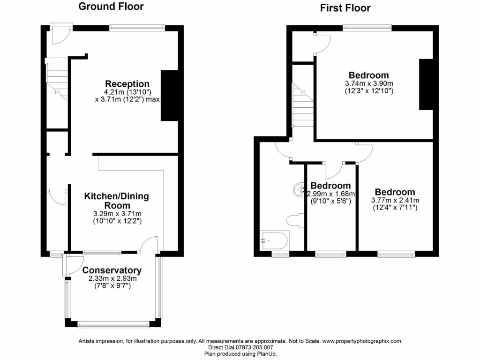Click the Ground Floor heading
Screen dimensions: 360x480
[111, 7]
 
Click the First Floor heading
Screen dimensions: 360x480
[345, 8]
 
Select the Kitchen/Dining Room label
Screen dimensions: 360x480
[116, 201]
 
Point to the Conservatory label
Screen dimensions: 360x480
[112, 270]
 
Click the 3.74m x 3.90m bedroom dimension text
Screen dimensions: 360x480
[368, 84]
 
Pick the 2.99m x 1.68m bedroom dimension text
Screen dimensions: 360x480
[330, 194]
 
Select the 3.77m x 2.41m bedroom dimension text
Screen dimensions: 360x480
[395, 201]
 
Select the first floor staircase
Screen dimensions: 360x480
[302, 105]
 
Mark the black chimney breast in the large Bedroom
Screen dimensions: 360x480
[426, 85]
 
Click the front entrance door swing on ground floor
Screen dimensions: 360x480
[60, 36]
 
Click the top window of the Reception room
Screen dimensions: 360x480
[137, 28]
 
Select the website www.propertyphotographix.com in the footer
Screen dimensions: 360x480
[362, 341]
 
